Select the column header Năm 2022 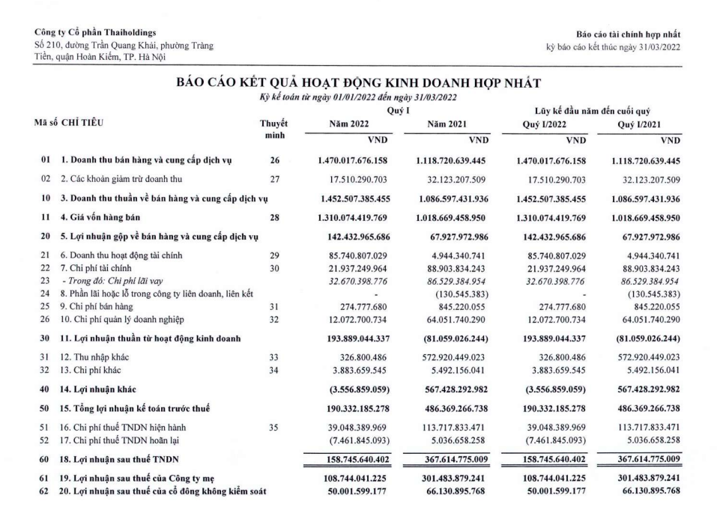[x=342, y=125]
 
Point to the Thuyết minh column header [x=277, y=133]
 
